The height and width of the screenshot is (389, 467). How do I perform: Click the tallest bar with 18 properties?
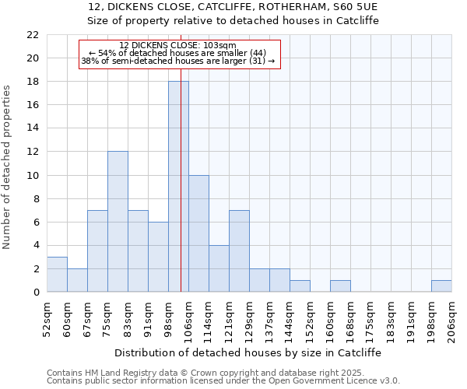178,187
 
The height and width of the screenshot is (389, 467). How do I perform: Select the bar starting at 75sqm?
118,222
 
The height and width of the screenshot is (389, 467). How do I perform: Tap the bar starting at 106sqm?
198,233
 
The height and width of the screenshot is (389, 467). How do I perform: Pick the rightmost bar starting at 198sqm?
441,286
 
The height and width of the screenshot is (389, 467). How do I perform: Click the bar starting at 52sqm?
57,275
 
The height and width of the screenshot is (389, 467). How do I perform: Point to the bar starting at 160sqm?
340,286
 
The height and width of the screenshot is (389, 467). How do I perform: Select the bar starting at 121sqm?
239,251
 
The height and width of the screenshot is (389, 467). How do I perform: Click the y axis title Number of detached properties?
8,167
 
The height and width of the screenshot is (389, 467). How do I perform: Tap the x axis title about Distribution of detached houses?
248,352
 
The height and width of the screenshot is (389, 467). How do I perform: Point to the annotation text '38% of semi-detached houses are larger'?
178,61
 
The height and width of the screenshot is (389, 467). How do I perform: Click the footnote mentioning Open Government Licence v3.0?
223,380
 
